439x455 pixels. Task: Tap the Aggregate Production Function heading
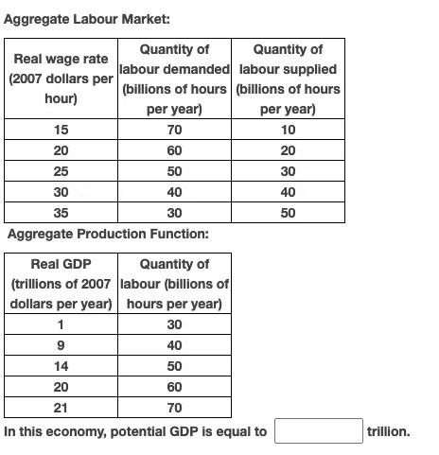pos(108,234)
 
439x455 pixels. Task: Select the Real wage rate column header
pos(61,79)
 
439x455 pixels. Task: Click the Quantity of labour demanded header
pos(174,79)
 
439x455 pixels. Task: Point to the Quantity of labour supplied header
pos(288,79)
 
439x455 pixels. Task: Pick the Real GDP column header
pos(61,284)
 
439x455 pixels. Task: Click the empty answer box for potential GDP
pos(319,431)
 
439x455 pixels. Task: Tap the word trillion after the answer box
pos(388,431)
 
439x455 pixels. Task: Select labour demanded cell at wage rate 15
pos(174,130)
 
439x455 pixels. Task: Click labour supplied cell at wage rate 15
pos(288,130)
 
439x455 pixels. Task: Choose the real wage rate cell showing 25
pos(61,171)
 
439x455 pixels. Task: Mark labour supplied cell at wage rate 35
pos(288,213)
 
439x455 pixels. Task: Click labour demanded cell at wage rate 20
pos(174,150)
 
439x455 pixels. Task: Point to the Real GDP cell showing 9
pos(61,345)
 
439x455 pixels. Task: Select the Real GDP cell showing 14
pos(61,366)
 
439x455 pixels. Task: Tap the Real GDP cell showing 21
pos(61,408)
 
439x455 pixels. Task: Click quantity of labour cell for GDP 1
pos(174,324)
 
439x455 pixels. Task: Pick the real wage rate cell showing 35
pos(61,213)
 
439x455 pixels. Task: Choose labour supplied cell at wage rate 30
pos(288,192)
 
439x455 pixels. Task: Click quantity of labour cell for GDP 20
pos(174,387)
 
